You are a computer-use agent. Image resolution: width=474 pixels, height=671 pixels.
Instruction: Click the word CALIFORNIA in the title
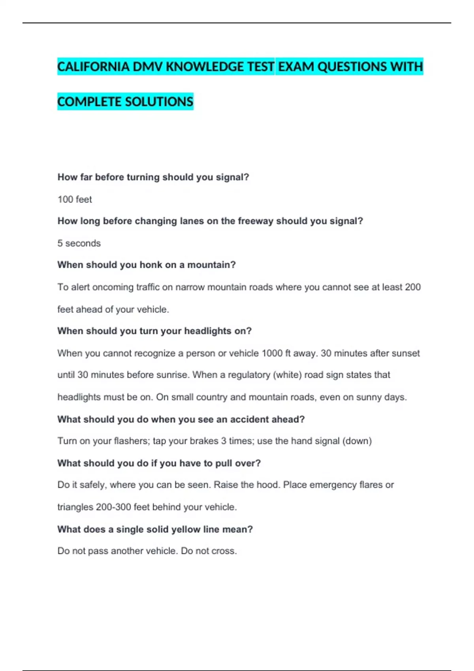(x=94, y=67)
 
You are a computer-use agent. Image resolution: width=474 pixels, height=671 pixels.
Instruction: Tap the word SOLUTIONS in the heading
(x=159, y=102)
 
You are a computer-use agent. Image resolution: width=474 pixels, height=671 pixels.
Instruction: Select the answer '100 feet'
(x=75, y=199)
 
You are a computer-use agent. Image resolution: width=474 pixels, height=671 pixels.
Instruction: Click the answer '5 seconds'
(x=79, y=243)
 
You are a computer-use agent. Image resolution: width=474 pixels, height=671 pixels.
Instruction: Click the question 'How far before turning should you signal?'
(x=153, y=177)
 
